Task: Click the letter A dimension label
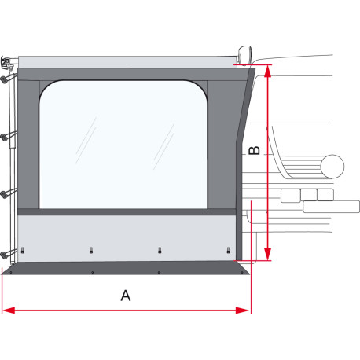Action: [x=126, y=296]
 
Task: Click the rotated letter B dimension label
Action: [x=254, y=150]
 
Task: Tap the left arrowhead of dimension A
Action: [x=9, y=310]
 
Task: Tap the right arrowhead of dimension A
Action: [x=243, y=310]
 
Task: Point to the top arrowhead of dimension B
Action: [x=267, y=71]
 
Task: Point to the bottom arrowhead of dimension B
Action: [x=267, y=254]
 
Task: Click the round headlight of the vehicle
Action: [x=332, y=167]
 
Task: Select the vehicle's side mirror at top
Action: [x=245, y=55]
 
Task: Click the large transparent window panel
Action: [x=123, y=145]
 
